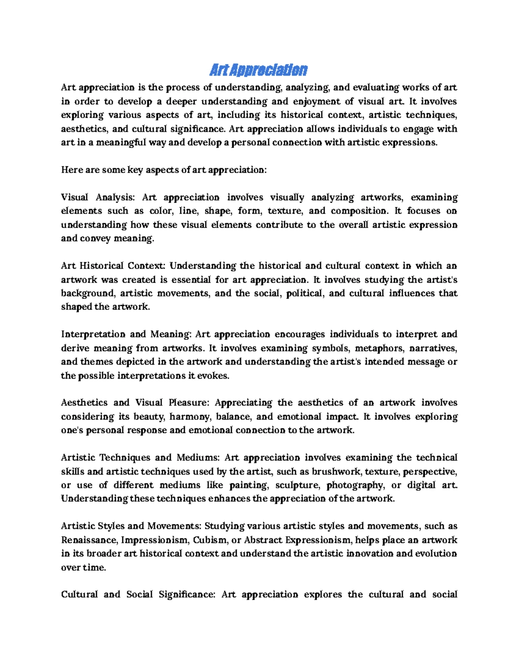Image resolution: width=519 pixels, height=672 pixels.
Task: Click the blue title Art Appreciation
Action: [x=258, y=70]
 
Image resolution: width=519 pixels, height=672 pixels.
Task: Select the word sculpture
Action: [x=297, y=485]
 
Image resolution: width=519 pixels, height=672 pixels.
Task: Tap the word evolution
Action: [x=436, y=553]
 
